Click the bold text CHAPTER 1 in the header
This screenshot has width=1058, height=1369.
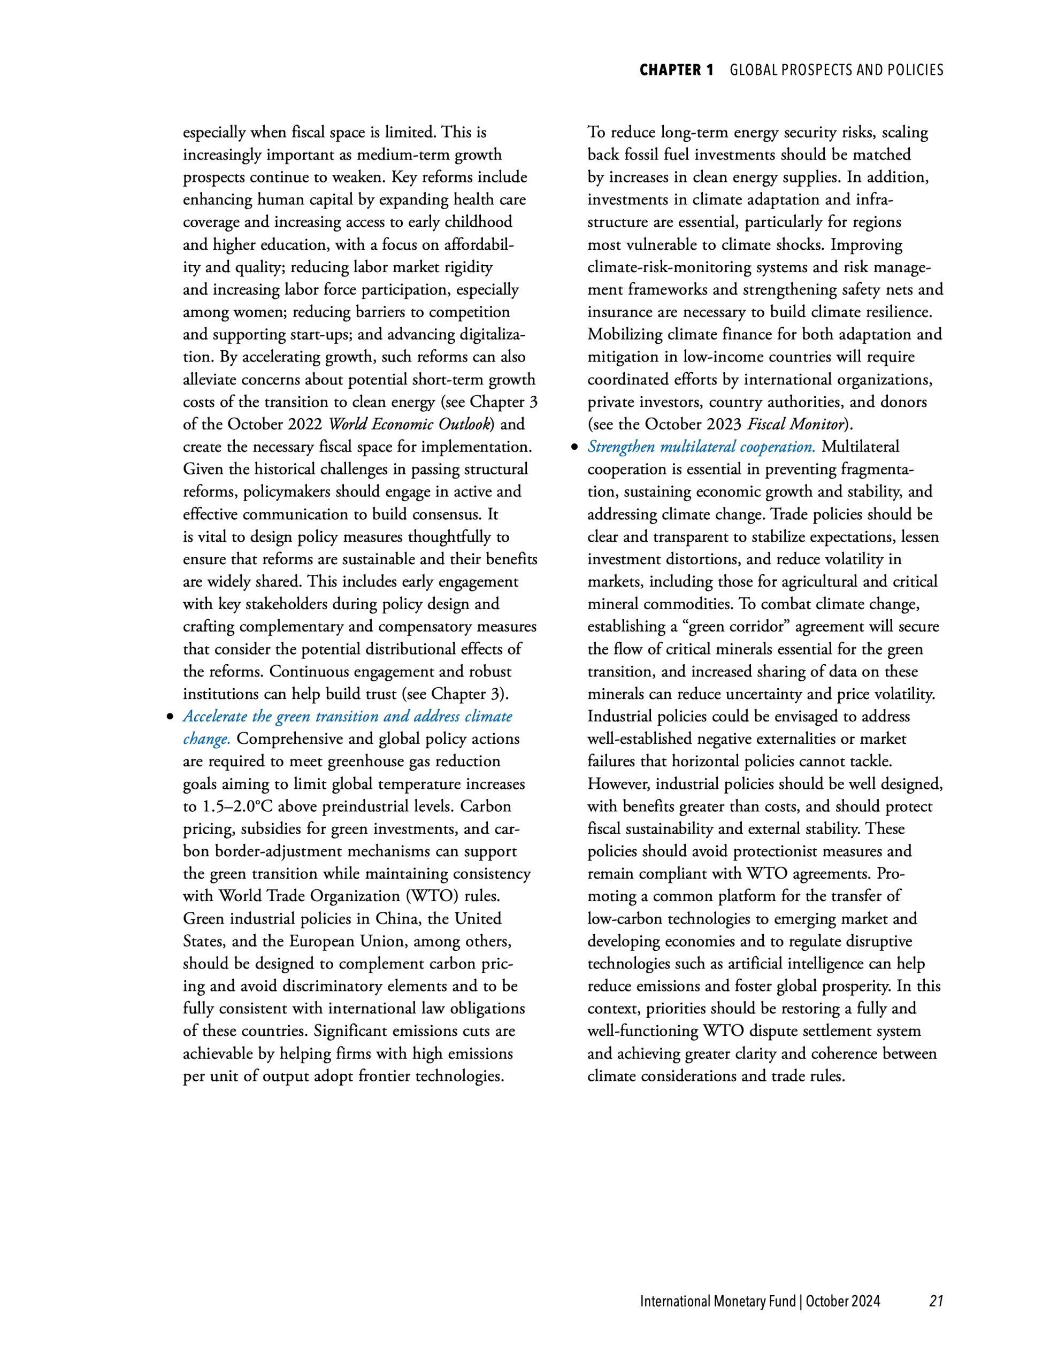click(x=676, y=70)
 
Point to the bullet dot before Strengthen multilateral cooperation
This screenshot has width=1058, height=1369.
click(x=573, y=448)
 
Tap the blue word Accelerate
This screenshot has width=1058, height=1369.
click(x=214, y=717)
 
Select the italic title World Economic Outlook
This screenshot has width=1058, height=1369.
click(x=408, y=425)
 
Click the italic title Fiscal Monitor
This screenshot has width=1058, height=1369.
click(x=795, y=425)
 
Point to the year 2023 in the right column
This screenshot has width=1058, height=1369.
click(x=724, y=425)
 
